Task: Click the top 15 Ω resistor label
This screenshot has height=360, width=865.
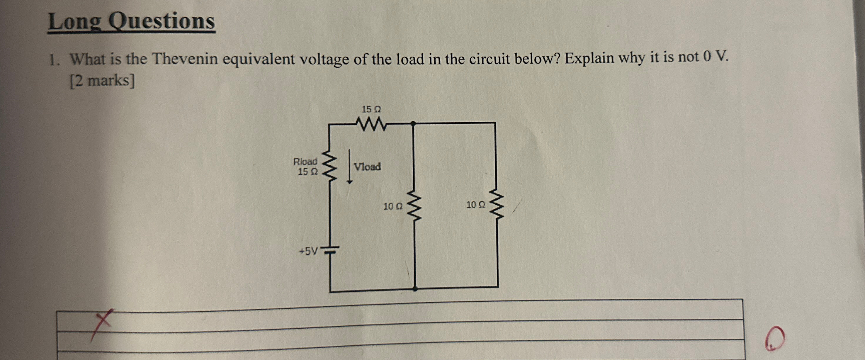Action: tap(371, 109)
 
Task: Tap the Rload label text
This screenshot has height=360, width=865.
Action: tap(305, 162)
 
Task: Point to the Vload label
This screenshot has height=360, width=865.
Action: tap(367, 167)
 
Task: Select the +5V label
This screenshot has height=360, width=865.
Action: tap(309, 251)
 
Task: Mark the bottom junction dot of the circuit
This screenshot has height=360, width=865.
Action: tap(415, 288)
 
